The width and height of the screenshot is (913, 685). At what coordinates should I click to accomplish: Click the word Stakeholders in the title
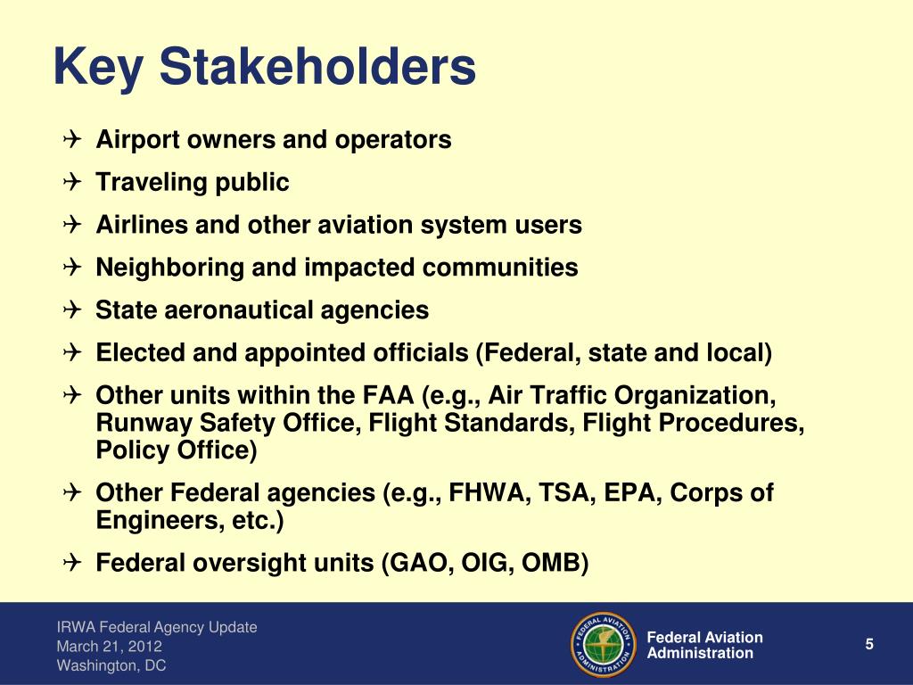320,68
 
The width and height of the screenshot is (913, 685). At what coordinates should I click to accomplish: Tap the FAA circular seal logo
601,644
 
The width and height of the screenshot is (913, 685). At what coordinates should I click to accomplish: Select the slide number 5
868,645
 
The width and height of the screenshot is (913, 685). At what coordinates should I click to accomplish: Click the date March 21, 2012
110,647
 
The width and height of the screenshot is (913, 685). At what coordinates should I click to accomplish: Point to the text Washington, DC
111,665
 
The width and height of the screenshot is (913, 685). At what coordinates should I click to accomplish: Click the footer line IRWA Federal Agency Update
157,627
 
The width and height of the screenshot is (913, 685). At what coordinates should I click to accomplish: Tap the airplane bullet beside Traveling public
73,183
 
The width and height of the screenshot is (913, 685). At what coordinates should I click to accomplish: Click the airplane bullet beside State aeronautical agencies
73,310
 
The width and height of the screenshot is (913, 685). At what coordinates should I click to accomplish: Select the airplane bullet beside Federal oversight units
73,564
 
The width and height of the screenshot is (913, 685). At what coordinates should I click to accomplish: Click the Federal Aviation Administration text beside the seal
704,645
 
